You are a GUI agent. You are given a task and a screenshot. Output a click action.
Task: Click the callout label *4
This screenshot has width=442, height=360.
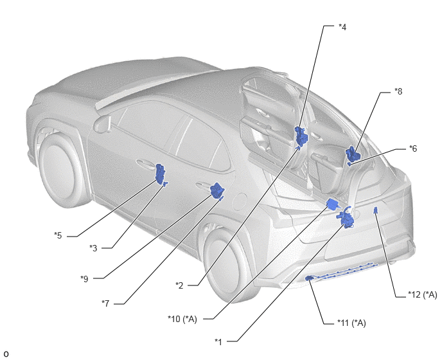[342, 27]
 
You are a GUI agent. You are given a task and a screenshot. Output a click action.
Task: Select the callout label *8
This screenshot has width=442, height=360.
[398, 91]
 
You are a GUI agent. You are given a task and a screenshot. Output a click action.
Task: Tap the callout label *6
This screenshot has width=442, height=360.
[413, 148]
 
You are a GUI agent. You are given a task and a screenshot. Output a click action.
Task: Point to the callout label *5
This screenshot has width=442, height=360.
[58, 235]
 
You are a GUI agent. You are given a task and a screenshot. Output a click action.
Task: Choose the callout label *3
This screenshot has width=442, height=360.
[93, 248]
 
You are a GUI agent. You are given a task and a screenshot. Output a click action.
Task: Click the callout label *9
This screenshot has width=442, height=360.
[84, 279]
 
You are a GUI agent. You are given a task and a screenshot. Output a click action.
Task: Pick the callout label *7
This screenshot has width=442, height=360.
[105, 303]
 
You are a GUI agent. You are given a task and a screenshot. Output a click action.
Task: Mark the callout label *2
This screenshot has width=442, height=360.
[179, 285]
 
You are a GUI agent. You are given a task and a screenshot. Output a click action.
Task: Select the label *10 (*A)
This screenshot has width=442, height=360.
[182, 319]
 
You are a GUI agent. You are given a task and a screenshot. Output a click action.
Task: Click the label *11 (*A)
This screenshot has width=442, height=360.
[351, 323]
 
